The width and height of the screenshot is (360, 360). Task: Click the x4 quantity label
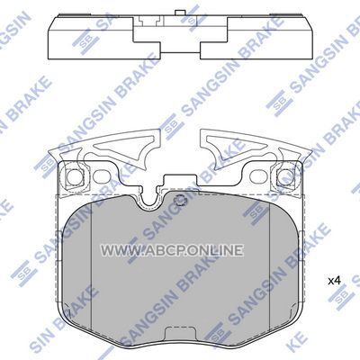click(x=334, y=281)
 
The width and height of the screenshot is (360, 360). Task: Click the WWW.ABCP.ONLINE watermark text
click(x=172, y=250)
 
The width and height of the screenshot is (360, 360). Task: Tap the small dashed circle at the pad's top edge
click(x=180, y=200)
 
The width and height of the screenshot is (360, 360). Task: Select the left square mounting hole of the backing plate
click(x=73, y=177)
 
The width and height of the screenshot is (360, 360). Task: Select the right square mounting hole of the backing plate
click(x=285, y=177)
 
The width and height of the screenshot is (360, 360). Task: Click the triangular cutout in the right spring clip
click(x=236, y=146)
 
